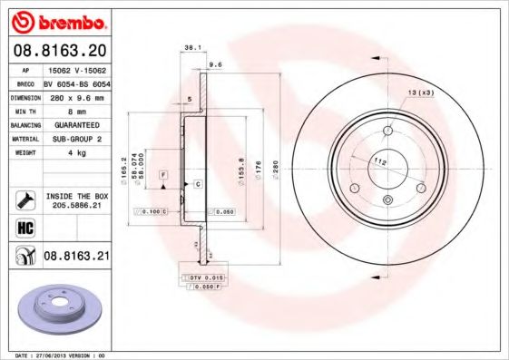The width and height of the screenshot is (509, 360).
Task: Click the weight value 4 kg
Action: (x=75, y=153)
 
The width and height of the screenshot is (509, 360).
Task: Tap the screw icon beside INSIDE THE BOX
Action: (x=23, y=198)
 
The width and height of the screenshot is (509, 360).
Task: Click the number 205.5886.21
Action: (x=76, y=205)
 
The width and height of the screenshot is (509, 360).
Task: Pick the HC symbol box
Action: (x=23, y=227)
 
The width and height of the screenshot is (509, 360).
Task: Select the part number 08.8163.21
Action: (x=76, y=257)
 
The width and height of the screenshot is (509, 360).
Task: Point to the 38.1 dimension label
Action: (x=191, y=45)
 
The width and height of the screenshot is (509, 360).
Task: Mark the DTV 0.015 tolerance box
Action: (x=204, y=276)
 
